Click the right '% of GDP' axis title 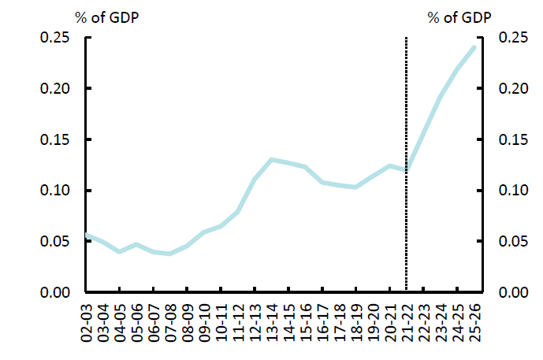point(458,17)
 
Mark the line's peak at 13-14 point(272,160)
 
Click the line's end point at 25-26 point(474,47)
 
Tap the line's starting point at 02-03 point(86,235)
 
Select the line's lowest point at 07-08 point(170,254)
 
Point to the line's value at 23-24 point(441,97)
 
